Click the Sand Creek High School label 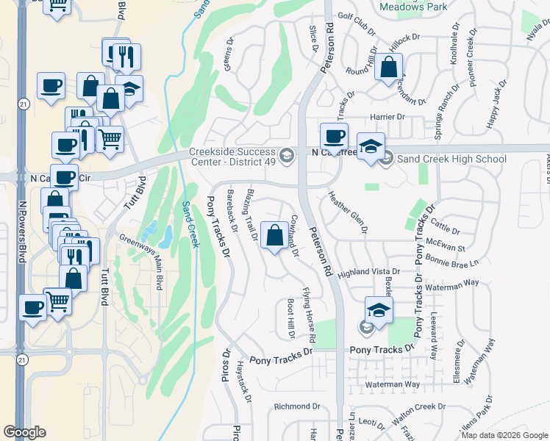coord(451,159)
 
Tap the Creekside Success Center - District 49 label coord(233,158)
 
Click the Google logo coord(25,432)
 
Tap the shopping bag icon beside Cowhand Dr coord(274,236)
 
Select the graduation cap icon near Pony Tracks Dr coord(379,310)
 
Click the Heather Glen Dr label coord(348,212)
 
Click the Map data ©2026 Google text coord(504,434)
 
